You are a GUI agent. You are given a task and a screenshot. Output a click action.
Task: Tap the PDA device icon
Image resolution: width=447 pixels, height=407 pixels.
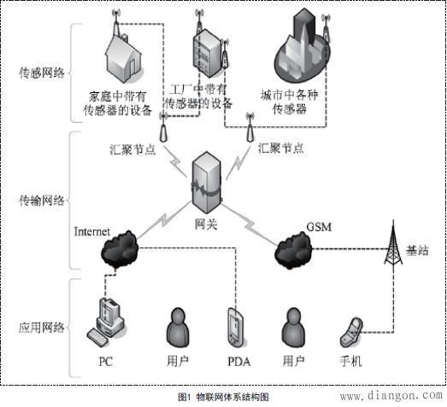click(x=236, y=329)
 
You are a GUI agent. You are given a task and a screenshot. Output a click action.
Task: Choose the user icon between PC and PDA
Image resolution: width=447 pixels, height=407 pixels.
click(x=179, y=328)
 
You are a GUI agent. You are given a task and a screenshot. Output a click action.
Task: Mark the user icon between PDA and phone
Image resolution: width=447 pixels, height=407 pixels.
click(x=294, y=328)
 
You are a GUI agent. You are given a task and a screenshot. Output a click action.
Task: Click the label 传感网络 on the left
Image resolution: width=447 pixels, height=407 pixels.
click(x=39, y=75)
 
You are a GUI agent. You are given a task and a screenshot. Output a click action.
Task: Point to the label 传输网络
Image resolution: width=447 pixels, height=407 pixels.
click(x=39, y=201)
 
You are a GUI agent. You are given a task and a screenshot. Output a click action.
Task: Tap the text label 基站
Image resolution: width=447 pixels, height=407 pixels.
click(x=419, y=252)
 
